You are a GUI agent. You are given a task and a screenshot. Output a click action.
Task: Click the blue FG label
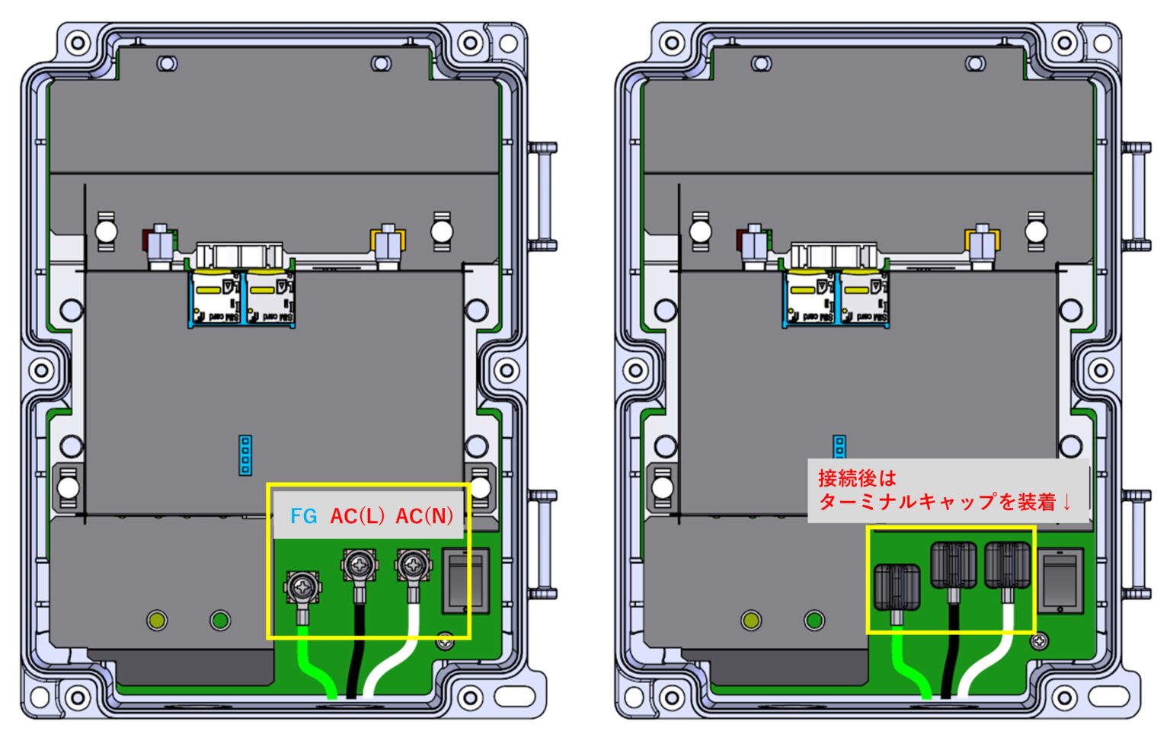pos(303,517)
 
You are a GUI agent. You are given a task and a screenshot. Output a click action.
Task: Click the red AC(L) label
pos(357,517)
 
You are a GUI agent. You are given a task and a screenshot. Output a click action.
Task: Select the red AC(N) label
pos(424,517)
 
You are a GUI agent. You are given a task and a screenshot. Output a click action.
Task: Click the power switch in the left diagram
pos(465,581)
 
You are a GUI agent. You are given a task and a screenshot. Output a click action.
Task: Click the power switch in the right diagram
pos(1062,581)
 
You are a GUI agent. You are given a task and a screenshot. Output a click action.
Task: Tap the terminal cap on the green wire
pos(897,587)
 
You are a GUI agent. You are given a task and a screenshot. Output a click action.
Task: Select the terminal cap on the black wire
pos(953,565)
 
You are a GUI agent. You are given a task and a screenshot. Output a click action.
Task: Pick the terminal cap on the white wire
pos(1007,565)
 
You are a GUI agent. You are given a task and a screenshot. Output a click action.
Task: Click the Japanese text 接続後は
pos(857,479)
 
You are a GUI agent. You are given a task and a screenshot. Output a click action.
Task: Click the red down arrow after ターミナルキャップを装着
pos(1066,503)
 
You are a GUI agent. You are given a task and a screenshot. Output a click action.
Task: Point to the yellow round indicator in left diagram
pos(157,621)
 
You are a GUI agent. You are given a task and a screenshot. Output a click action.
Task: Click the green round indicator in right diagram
pos(814,621)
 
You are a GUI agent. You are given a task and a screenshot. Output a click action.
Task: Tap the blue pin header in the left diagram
pos(245,455)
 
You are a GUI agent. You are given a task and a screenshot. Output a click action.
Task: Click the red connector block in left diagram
pos(145,240)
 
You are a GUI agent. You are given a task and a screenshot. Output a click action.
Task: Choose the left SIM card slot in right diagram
pos(810,298)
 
